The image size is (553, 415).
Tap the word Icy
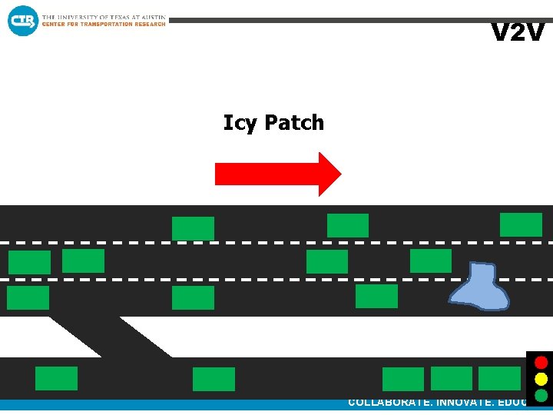[x=240, y=123]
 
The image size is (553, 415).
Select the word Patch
[x=294, y=122]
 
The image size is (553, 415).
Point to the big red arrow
[x=277, y=174]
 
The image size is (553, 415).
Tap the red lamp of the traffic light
[x=541, y=362]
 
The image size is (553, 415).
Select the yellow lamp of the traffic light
[x=541, y=379]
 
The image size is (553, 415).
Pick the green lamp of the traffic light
[x=541, y=396]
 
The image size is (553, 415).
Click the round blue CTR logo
[x=22, y=20]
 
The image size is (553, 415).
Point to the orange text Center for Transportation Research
[x=104, y=25]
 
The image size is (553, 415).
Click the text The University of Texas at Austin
[x=104, y=17]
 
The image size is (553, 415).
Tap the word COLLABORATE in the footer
[x=389, y=402]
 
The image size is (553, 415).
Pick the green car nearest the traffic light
[x=499, y=378]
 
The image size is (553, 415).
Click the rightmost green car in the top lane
[x=521, y=224]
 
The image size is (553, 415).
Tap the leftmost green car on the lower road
[x=56, y=378]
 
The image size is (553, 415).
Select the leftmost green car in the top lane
[x=193, y=228]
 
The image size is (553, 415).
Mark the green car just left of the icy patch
[x=376, y=296]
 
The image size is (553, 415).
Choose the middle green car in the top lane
[x=348, y=225]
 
